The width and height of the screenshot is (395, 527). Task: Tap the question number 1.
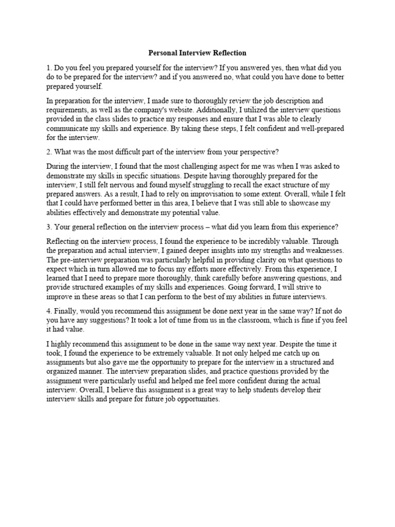click(x=49, y=68)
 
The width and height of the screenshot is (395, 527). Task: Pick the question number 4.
click(x=49, y=310)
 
